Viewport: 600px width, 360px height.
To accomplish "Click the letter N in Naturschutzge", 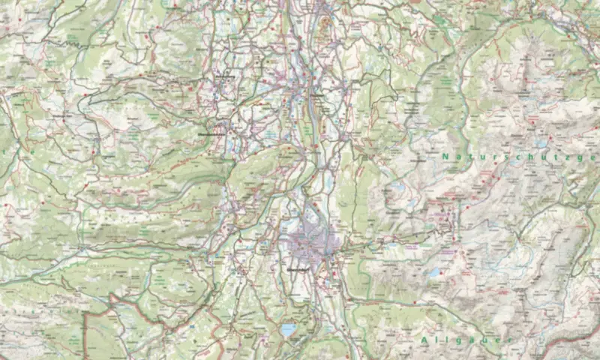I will click(x=445, y=157).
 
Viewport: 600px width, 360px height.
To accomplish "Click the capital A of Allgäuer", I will click(x=424, y=340).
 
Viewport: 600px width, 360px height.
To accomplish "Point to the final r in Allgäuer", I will click(x=507, y=340).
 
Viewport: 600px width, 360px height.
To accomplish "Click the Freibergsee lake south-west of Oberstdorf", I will click(x=289, y=329).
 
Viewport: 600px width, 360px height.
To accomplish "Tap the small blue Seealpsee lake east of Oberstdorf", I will click(x=433, y=273).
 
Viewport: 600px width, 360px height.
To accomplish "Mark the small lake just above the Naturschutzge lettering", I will click(x=540, y=142).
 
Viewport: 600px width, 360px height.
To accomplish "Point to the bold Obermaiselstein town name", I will click(x=212, y=133).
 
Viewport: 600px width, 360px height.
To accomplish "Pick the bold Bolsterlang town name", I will click(x=224, y=77).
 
